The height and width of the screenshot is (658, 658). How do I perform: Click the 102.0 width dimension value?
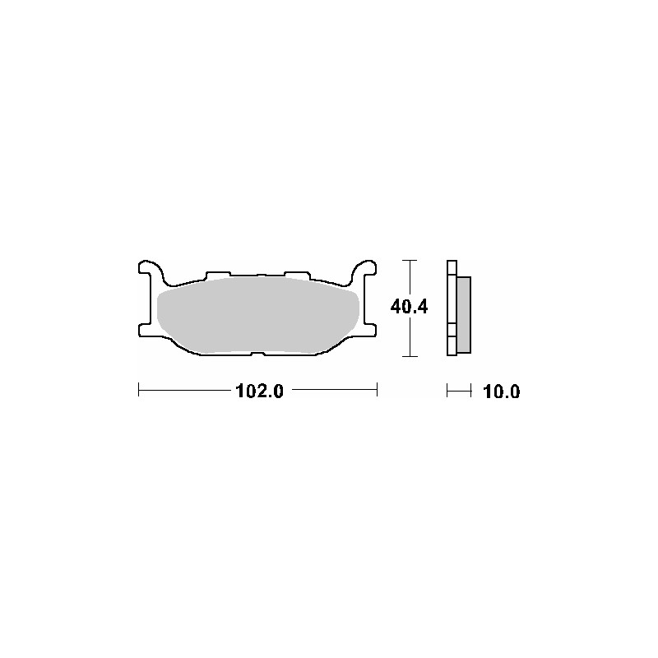[x=259, y=392]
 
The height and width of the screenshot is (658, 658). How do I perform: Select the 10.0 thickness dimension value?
[x=502, y=392]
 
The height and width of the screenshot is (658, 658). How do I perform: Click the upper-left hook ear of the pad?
[x=148, y=269]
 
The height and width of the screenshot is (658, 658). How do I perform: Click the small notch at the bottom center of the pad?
[x=257, y=354]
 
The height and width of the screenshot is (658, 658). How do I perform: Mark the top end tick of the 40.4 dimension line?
[x=409, y=260]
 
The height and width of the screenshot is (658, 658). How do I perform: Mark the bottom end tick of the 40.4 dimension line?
[x=409, y=356]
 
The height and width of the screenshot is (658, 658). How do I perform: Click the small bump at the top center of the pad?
[x=257, y=276]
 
